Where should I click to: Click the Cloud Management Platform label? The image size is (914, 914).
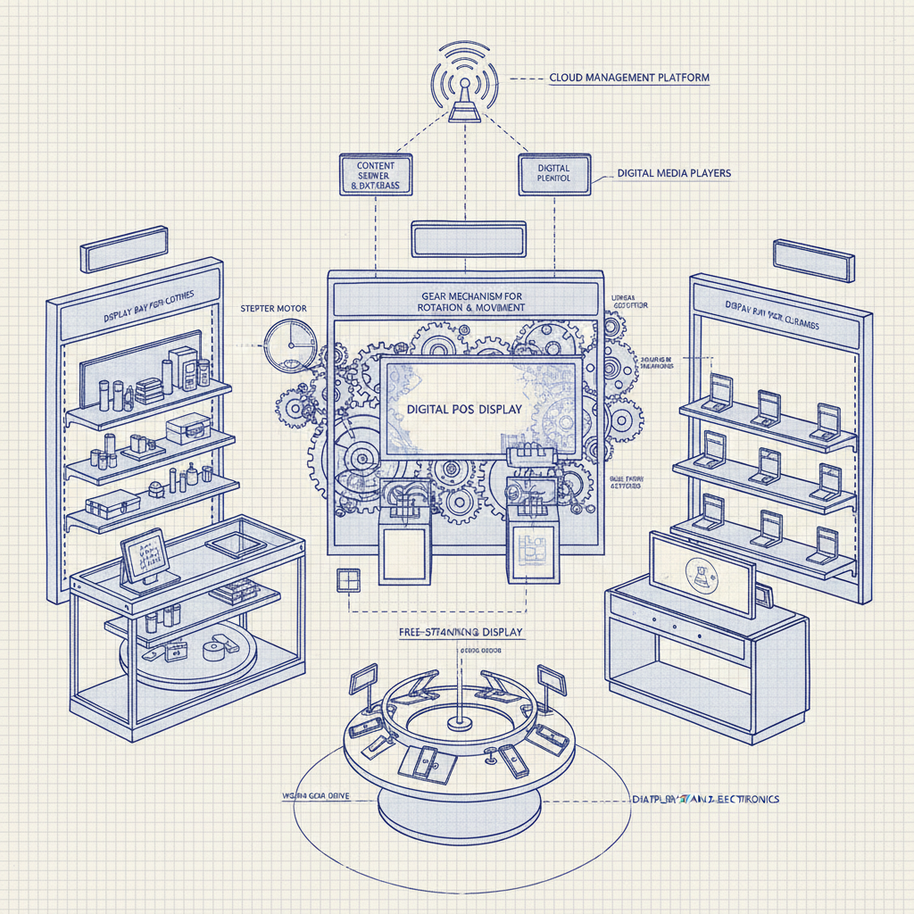[629, 78]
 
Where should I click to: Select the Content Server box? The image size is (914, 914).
[377, 176]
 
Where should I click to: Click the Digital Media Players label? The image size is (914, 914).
[674, 173]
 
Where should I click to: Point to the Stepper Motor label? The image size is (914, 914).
[274, 308]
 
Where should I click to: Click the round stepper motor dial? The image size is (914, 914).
[291, 346]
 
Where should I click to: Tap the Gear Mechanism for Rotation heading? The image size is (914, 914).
[471, 301]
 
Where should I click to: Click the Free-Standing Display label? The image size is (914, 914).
[461, 632]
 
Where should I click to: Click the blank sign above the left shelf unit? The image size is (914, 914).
[125, 247]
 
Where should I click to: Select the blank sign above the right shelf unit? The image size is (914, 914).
[813, 259]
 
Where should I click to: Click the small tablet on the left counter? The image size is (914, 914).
[143, 555]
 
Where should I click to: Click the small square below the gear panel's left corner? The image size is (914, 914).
[347, 579]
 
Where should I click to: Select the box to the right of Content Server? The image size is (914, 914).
[553, 174]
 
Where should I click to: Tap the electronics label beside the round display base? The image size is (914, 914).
[705, 799]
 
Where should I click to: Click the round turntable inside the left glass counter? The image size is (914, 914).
[187, 656]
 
